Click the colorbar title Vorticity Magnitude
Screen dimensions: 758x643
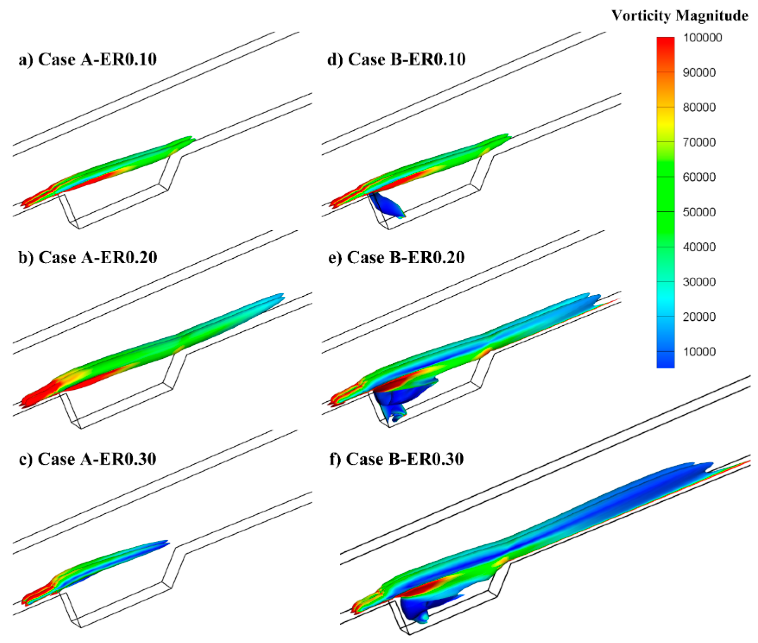[x=680, y=16]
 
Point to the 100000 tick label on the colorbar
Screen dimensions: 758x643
[x=702, y=38]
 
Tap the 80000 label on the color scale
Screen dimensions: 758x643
[x=699, y=107]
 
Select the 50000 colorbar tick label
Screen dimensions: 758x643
[x=699, y=212]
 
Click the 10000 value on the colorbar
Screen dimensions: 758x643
[x=699, y=351]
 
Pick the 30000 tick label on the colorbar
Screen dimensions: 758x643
[x=699, y=282]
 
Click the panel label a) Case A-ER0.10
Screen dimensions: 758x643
[x=88, y=59]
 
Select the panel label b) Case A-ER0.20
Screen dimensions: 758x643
[x=88, y=257]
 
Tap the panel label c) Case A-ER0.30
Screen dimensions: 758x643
[x=88, y=459]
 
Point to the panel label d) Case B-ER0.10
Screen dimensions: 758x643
[x=397, y=59]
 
